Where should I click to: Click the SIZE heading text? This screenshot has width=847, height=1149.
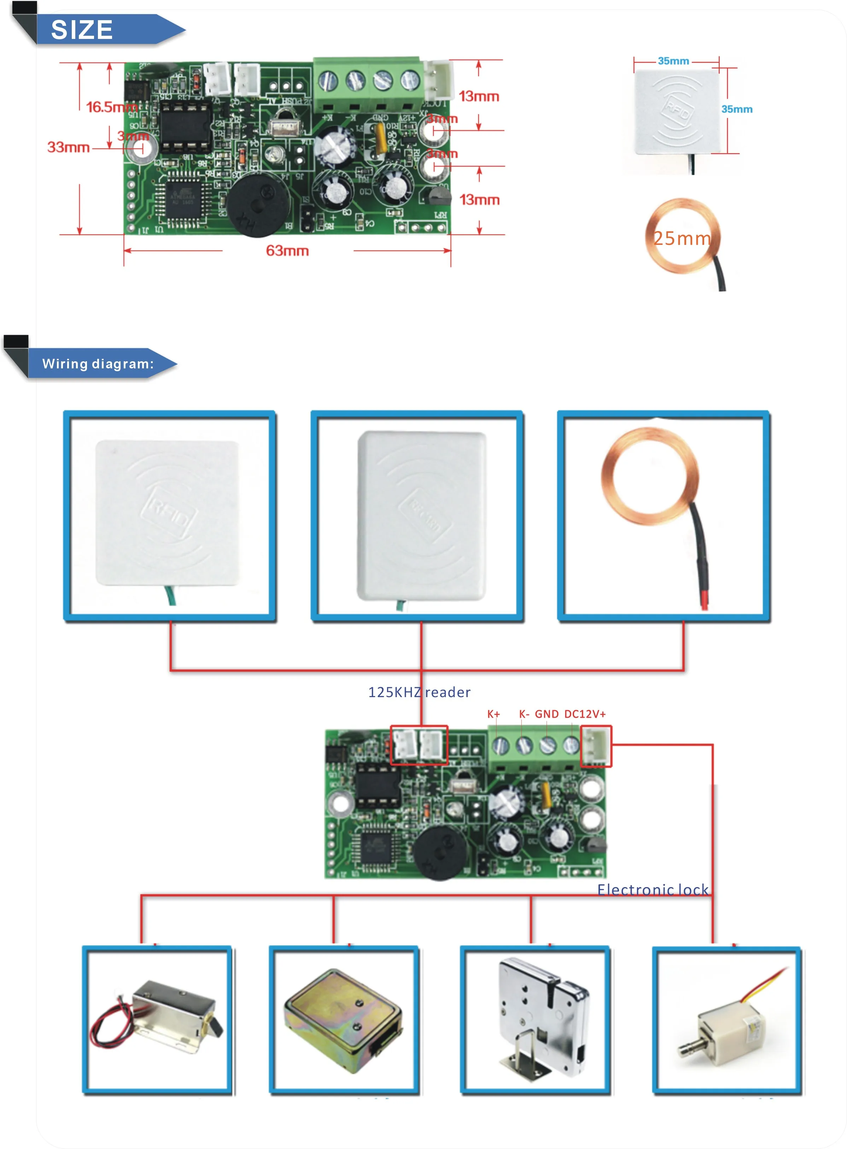pyautogui.click(x=82, y=30)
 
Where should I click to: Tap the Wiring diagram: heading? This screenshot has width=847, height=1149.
pyautogui.click(x=98, y=364)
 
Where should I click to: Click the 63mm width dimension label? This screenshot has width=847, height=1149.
pyautogui.click(x=287, y=251)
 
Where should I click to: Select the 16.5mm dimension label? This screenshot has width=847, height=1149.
pyautogui.click(x=111, y=107)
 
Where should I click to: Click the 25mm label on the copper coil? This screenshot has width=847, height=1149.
pyautogui.click(x=682, y=239)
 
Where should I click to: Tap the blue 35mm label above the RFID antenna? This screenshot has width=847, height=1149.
pyautogui.click(x=673, y=61)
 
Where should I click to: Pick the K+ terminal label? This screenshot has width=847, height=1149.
pyautogui.click(x=493, y=714)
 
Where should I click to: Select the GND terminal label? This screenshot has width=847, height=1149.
pyautogui.click(x=547, y=714)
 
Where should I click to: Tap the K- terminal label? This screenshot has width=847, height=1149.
pyautogui.click(x=524, y=714)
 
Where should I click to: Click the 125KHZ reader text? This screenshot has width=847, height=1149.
pyautogui.click(x=419, y=692)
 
